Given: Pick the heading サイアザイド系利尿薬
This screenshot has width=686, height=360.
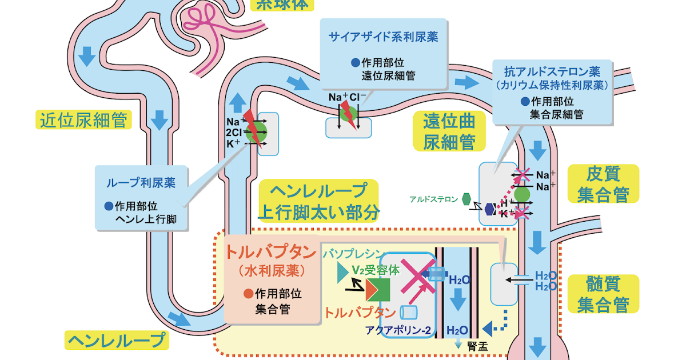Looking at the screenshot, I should [x=382, y=37].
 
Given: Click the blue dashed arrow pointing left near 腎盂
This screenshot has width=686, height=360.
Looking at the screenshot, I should [x=494, y=326].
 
